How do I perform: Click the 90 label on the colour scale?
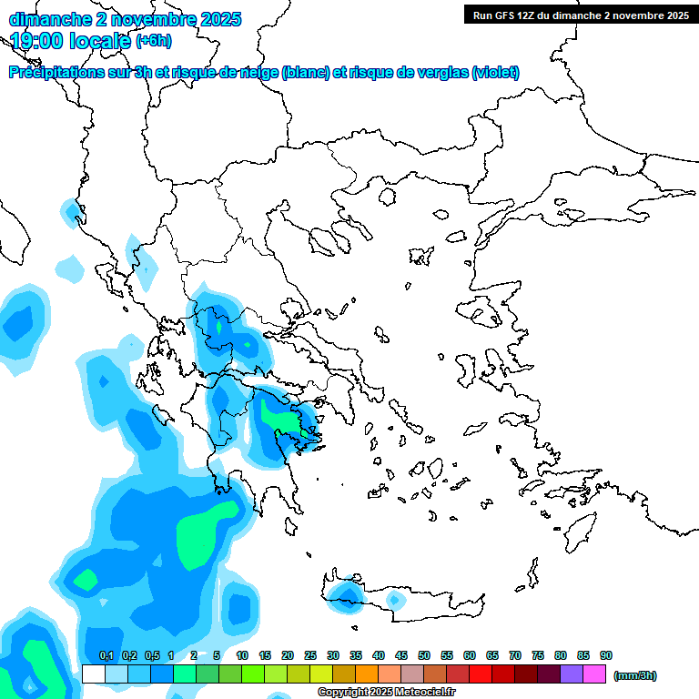[x=606, y=655]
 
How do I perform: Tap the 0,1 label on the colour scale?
[x=106, y=655]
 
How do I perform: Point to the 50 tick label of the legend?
[x=424, y=655]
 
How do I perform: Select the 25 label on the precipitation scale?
[x=310, y=655]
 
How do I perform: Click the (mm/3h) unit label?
[x=635, y=675]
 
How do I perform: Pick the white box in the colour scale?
[x=93, y=674]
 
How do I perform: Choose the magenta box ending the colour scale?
[x=594, y=674]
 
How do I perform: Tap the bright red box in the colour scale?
[x=481, y=674]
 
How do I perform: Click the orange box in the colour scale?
[x=367, y=674]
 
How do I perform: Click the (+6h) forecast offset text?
[x=153, y=41]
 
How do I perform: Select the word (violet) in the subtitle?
[x=495, y=73]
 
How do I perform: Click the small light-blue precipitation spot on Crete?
[x=395, y=600]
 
